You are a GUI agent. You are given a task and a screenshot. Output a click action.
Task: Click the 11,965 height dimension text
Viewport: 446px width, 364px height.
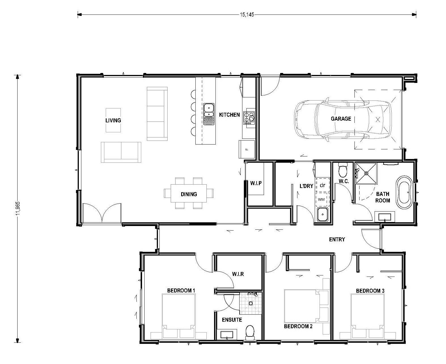tap(18, 210)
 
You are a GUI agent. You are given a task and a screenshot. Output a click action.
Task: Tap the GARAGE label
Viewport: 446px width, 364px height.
tap(341, 119)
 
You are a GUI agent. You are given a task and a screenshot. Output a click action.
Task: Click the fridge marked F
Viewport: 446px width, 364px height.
tap(247, 149)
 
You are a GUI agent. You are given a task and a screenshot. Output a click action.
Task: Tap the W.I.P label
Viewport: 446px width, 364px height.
tap(256, 183)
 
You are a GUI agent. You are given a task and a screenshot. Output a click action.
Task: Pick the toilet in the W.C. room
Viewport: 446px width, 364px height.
tap(343, 170)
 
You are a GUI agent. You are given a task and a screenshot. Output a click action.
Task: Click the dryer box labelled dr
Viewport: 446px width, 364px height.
tap(322, 185)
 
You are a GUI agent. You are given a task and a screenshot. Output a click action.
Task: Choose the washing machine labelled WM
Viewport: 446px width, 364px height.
tap(321, 199)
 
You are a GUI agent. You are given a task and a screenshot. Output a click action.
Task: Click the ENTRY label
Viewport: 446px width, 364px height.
tap(337, 239)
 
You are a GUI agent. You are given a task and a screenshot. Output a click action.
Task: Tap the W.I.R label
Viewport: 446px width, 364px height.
tap(238, 274)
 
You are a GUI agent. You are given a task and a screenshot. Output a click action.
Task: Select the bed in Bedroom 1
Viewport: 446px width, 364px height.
tap(178, 316)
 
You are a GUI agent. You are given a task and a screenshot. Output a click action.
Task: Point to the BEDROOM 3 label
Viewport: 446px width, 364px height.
tap(370, 291)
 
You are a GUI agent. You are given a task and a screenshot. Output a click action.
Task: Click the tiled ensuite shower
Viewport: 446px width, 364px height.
tap(250, 304)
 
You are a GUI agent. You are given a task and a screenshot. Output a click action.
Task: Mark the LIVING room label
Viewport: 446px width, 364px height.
tap(113, 120)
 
